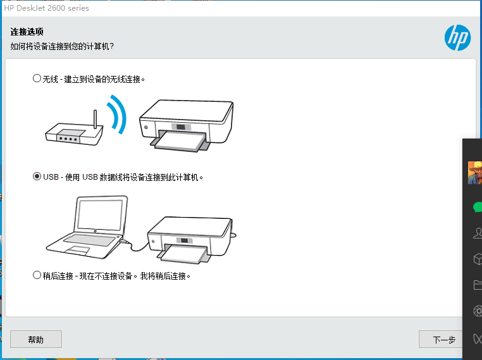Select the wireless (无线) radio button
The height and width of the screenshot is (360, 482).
pos(37,78)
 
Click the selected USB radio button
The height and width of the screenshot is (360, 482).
pos(37,177)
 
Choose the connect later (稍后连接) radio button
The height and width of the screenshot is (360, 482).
pos(37,275)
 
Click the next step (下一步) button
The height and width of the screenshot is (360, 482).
pos(441,339)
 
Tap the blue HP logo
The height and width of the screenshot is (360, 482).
pos(457,38)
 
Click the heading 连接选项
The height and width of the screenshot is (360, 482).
pos(27,32)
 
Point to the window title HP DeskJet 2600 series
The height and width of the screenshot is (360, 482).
pos(46,8)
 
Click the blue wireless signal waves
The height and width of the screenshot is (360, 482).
pos(117,115)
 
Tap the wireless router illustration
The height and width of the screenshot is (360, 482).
pos(75,129)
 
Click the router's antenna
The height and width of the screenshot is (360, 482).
pos(96,120)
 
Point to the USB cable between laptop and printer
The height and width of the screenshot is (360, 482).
pos(135,245)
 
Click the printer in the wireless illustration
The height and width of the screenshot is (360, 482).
pos(186,125)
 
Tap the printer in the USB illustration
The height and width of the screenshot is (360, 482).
pos(191,240)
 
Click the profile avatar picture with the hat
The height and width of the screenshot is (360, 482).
pos(475,173)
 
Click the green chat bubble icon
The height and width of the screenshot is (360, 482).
pos(478,208)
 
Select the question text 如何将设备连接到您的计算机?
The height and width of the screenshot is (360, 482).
pos(62,46)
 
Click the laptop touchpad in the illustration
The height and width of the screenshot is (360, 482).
pos(77,251)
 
